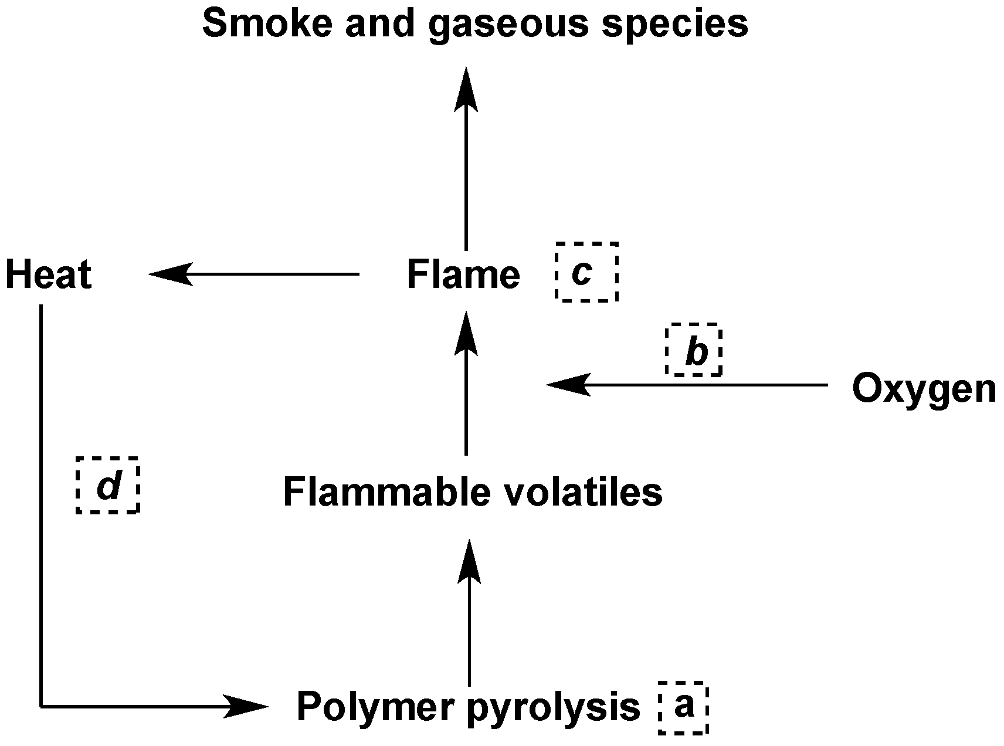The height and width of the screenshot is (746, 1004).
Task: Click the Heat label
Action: coord(49,274)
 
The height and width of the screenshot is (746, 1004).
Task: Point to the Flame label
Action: coord(463,274)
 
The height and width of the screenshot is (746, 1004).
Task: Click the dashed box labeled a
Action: coord(683,707)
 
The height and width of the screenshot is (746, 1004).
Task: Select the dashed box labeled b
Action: coord(693,350)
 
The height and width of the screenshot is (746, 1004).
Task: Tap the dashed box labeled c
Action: coord(586,272)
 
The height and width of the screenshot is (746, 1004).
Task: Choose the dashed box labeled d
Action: coord(108,485)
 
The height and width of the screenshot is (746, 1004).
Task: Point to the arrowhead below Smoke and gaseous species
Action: coord(466,91)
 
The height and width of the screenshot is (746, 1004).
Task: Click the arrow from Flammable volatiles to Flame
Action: coord(466,399)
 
